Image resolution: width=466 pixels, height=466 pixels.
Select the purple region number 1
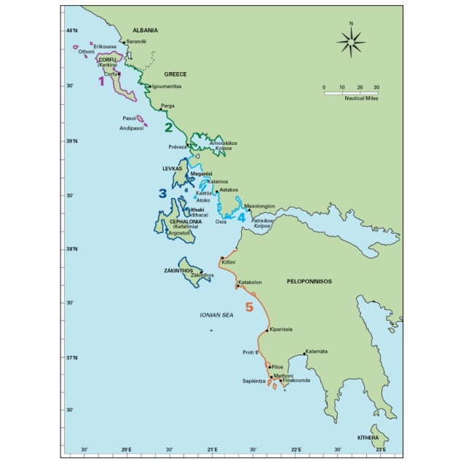101,82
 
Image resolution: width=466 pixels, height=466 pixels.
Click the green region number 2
168,127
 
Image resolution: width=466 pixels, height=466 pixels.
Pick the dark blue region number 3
162,193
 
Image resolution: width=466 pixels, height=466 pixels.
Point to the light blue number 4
241,217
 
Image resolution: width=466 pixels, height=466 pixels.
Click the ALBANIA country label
145,31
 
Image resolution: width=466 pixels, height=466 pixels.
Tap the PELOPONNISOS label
309,280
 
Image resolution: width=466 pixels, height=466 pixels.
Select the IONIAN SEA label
216,315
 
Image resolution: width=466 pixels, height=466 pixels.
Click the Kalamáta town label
316,352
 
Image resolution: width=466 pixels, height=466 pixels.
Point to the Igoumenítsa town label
168,87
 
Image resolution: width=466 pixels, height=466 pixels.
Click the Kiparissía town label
281,330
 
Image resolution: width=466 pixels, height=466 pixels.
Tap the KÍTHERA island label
368,438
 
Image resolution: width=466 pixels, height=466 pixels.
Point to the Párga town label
168,106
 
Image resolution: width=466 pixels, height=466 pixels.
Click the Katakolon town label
250,282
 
